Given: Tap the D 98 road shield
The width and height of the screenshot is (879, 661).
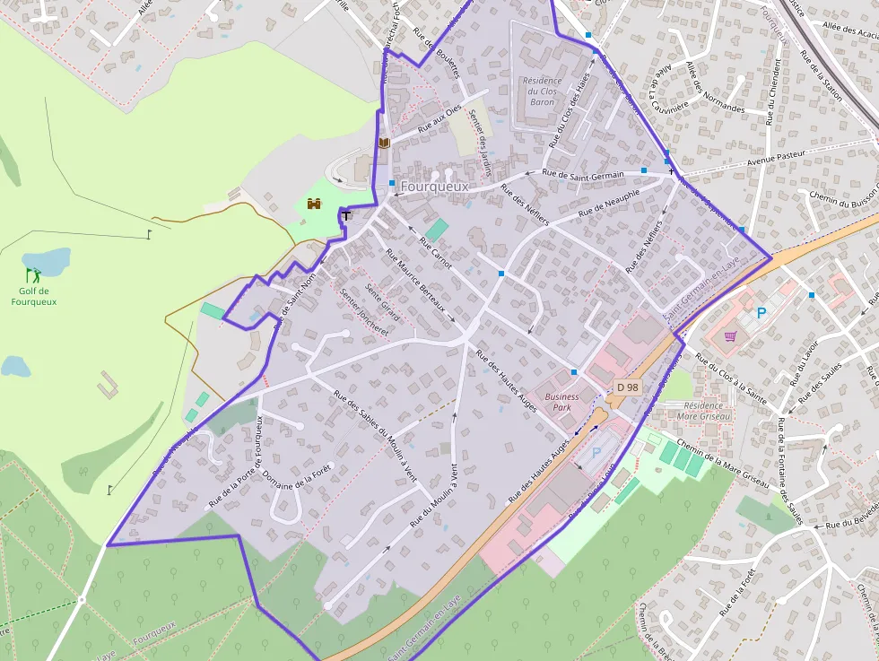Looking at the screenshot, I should point(628,387).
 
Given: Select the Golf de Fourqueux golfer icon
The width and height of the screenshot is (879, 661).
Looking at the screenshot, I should point(33,274).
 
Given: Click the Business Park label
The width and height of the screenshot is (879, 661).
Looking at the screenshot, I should point(561,402).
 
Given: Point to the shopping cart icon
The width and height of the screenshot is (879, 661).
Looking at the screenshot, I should point(730,336).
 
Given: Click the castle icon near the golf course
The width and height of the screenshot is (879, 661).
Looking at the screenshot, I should point(315,204).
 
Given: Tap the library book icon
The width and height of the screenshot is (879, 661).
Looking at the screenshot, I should point(384,143).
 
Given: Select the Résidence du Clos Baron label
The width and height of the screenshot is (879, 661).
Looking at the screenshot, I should point(542,91).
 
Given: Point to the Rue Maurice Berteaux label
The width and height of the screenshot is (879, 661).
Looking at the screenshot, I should point(414,279).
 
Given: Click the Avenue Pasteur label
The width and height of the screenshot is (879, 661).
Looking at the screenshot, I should point(776,158).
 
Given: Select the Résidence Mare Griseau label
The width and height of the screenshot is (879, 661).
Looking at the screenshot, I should point(704,411).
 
